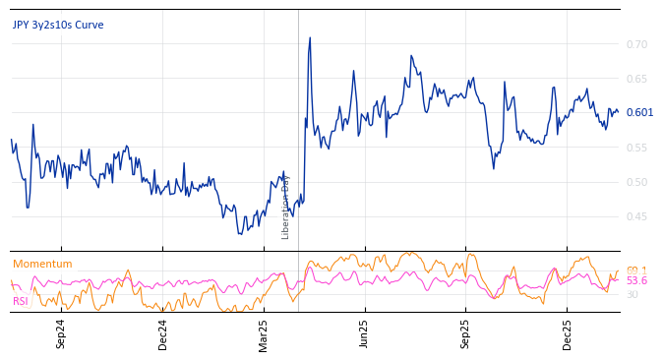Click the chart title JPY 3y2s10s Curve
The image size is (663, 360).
(58, 26)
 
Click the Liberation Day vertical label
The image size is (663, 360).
(286, 207)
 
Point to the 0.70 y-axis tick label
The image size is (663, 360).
(636, 44)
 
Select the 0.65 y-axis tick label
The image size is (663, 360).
(636, 79)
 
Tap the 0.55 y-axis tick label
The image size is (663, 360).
(636, 148)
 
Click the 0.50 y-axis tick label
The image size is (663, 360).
(636, 182)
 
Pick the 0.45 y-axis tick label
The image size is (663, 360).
(636, 216)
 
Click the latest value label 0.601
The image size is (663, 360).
(639, 112)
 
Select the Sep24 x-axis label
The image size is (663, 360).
(61, 333)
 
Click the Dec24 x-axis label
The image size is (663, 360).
(163, 333)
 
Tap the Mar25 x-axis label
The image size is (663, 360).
(264, 333)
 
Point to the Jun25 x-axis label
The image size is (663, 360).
(365, 333)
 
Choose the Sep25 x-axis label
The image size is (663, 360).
(466, 333)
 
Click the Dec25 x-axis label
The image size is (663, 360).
(568, 333)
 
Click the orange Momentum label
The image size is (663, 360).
(42, 264)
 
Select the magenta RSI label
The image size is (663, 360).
(21, 301)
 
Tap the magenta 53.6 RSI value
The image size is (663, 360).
(636, 281)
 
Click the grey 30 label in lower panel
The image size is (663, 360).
(632, 294)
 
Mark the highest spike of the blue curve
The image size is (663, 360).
(310, 38)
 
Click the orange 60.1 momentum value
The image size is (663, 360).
(636, 270)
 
